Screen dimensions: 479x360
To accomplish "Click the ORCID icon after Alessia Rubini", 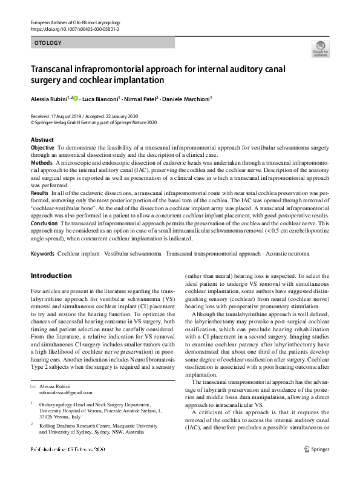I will tap(76, 97).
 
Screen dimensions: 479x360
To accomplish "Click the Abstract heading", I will tap(42, 140).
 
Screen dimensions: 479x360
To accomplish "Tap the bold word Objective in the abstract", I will tap(42, 147).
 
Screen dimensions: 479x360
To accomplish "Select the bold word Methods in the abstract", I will tap(41, 163).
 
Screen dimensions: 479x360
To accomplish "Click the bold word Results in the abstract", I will tap(40, 192).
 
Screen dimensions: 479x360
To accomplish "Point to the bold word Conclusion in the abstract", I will tap(44, 223).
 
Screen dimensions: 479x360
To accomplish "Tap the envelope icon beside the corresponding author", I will tap(33, 386).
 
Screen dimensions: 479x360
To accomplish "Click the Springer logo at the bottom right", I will tap(317, 466).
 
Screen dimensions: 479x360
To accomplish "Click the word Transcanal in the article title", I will tap(57, 68).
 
